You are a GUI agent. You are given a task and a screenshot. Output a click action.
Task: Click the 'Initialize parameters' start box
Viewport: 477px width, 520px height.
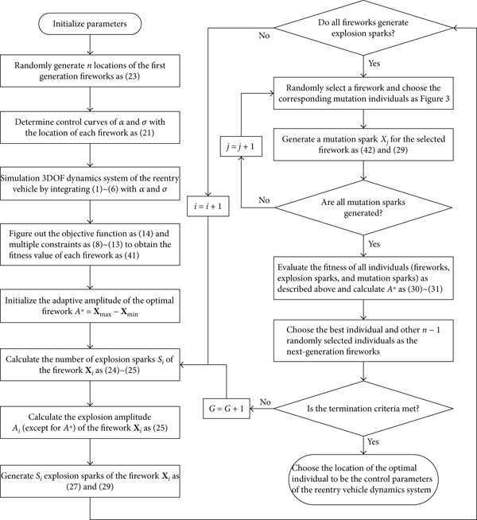pos(90,24)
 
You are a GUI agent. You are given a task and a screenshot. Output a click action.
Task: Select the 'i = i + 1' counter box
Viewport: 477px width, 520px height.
pos(207,206)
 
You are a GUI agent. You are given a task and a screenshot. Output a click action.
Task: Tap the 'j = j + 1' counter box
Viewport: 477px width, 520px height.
pos(241,146)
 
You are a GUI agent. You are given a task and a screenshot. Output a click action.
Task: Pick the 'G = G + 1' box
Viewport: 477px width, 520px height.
pos(227,408)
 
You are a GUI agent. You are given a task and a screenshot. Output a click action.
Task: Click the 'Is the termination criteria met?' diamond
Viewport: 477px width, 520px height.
pos(363,408)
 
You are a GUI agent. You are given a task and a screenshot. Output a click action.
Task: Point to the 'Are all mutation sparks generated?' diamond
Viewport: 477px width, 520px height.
pos(363,208)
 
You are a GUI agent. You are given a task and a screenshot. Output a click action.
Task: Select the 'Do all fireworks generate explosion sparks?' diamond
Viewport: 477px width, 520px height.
pos(363,28)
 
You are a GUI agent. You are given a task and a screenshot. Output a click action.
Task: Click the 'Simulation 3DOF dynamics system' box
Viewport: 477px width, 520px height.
pos(90,184)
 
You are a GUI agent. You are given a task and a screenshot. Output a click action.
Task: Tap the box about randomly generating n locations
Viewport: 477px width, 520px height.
pos(90,71)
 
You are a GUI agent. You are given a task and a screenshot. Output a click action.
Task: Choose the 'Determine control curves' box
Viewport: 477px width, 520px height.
pos(90,127)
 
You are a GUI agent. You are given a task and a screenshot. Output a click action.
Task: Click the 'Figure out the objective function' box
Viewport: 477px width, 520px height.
pos(90,244)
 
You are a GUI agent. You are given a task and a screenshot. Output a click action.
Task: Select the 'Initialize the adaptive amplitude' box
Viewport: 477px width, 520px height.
pos(90,306)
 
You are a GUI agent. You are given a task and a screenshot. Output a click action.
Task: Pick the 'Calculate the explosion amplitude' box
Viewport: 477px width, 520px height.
pos(90,422)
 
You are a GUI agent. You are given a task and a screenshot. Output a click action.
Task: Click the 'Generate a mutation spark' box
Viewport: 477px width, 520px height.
pos(363,145)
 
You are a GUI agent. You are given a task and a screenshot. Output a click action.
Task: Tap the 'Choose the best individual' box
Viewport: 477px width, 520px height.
pos(363,340)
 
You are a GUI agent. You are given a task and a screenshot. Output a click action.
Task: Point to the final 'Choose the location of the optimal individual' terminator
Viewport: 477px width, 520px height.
pos(363,479)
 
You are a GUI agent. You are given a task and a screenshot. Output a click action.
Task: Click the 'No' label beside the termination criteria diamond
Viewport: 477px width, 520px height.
pos(266,402)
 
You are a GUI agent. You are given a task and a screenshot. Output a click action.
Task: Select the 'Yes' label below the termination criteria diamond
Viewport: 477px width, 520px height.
pos(373,441)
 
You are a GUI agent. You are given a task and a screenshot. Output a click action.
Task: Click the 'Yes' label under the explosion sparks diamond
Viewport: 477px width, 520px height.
pos(374,63)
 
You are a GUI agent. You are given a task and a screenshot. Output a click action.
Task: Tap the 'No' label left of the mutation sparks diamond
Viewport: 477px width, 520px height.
pos(264,200)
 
